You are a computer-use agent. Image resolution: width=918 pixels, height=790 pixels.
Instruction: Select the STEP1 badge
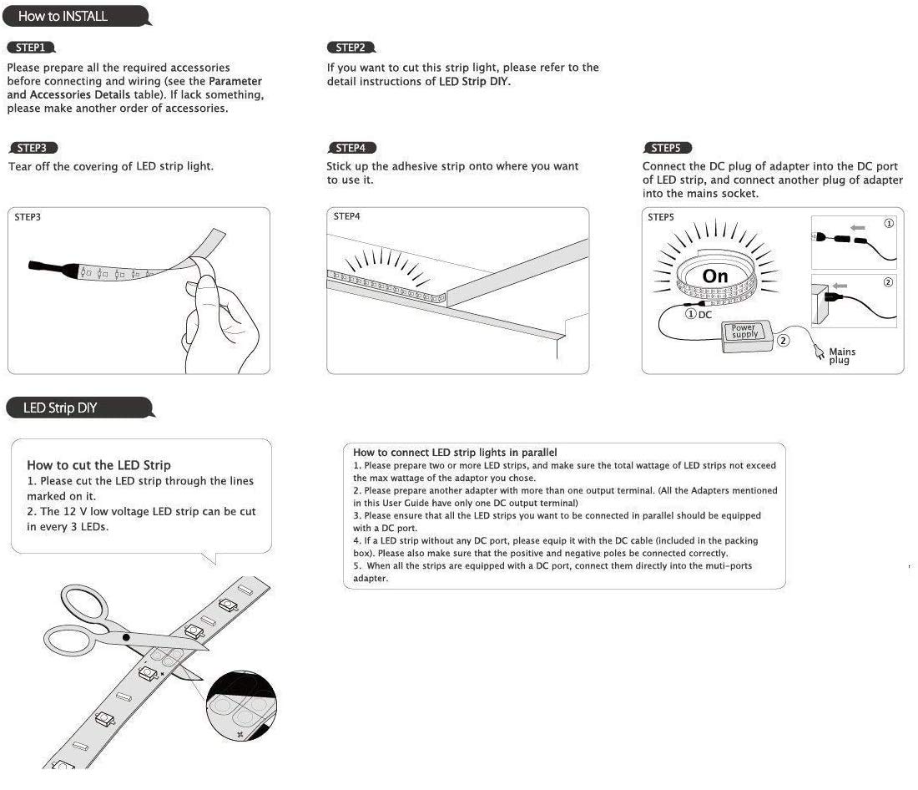click(30, 48)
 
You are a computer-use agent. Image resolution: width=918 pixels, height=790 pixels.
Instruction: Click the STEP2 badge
click(351, 48)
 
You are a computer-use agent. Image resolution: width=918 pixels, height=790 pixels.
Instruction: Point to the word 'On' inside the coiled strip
click(715, 276)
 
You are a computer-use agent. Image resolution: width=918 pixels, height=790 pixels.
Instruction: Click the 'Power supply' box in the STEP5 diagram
click(744, 332)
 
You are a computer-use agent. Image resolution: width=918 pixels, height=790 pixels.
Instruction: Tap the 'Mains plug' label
click(841, 356)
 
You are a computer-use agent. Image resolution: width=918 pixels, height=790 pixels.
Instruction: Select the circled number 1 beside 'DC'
click(691, 314)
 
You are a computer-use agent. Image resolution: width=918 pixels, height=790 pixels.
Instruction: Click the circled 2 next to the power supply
click(783, 340)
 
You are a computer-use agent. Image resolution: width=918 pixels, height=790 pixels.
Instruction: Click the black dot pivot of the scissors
click(126, 637)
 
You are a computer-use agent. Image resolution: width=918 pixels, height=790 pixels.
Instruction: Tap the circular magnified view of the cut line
click(241, 706)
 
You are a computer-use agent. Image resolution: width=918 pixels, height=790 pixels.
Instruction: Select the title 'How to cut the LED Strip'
click(98, 465)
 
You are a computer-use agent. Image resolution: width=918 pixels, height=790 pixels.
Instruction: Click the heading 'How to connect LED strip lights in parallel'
click(455, 453)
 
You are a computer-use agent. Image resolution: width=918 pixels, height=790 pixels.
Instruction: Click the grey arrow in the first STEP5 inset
click(858, 227)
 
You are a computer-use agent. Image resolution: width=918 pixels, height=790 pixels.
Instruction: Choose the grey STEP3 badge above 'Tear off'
click(32, 148)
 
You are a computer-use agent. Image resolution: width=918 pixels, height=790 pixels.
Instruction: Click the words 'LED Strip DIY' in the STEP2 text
click(474, 82)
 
